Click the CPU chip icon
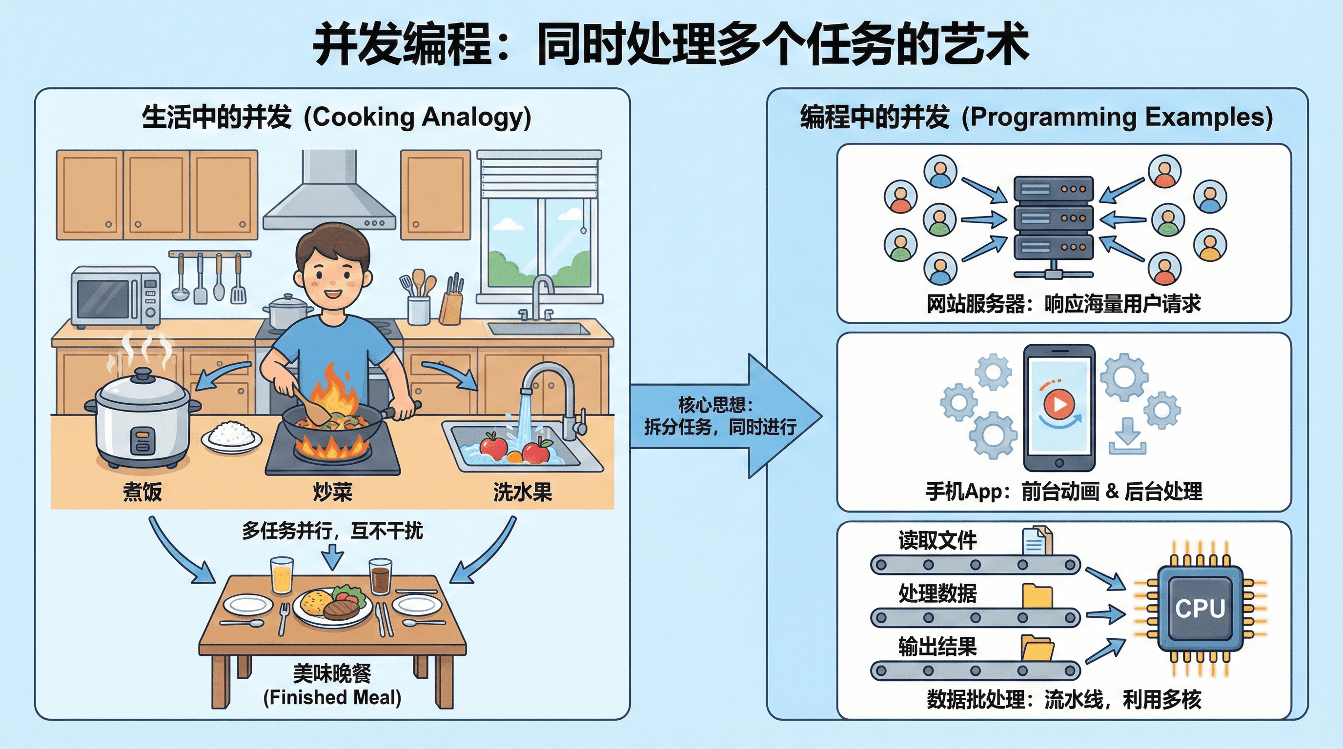[1200, 609]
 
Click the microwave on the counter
[115, 296]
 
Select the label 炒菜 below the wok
[333, 492]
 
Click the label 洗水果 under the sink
[522, 492]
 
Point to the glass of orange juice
[282, 575]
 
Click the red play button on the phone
[1059, 404]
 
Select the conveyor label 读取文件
[937, 540]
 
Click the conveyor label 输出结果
[937, 647]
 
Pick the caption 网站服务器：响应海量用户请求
[1063, 304]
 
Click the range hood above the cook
[329, 198]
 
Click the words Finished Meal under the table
[332, 697]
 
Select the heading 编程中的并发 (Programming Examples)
[1036, 117]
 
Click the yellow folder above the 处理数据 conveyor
[1037, 596]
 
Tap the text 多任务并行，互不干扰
[332, 531]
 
